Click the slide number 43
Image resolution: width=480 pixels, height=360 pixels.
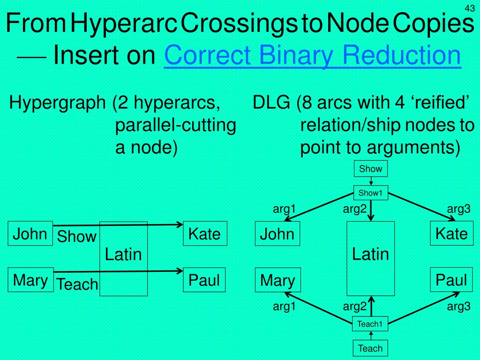tap(470, 8)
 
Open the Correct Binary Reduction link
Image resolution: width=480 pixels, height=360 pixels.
tap(312, 55)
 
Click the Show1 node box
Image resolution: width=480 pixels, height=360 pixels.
tap(371, 193)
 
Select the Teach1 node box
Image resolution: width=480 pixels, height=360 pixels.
tap(370, 324)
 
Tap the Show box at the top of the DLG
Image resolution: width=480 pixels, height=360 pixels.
tap(371, 169)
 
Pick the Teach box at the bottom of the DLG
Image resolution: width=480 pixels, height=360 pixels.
tap(370, 348)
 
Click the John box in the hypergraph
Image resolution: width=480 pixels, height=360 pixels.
tap(30, 233)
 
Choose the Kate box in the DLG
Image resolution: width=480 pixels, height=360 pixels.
tap(452, 233)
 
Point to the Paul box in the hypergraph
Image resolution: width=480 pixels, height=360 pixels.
tap(204, 280)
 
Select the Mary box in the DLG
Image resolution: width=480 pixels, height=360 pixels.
tap(277, 280)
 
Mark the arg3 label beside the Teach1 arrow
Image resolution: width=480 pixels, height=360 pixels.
tap(458, 307)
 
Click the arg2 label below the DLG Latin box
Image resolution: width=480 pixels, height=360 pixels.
tap(354, 307)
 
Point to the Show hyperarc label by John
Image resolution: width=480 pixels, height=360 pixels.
tap(76, 237)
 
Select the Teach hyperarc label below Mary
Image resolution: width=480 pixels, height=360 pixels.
tap(77, 284)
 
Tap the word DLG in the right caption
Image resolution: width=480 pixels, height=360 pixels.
tap(271, 103)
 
